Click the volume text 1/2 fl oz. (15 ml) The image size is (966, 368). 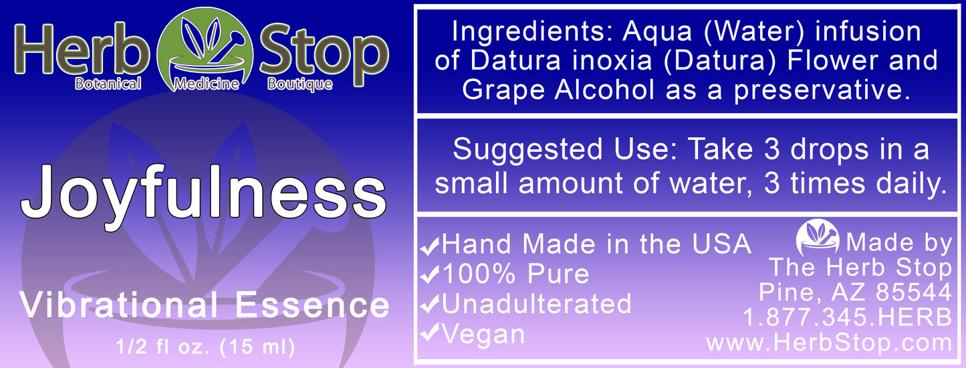click(204, 348)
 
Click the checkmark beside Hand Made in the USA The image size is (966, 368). click(429, 247)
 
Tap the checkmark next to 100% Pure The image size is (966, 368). click(429, 276)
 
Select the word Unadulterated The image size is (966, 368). click(536, 304)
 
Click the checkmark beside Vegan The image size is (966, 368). click(429, 334)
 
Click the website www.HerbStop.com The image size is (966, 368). click(829, 343)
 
